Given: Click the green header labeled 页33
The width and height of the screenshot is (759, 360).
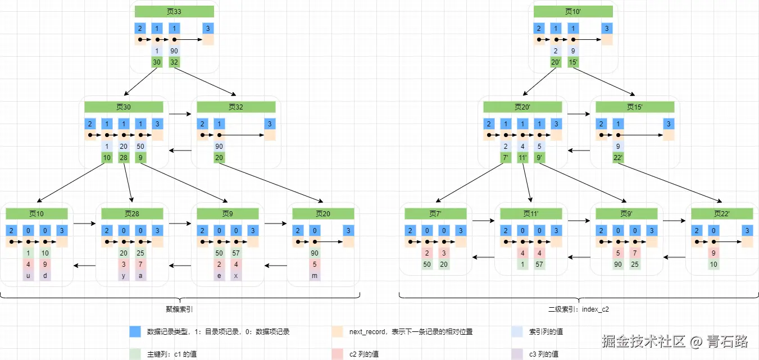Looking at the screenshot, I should pos(174,11).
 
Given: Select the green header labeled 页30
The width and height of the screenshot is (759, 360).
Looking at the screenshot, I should pos(124,107).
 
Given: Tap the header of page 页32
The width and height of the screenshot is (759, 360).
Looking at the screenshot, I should pos(236,107).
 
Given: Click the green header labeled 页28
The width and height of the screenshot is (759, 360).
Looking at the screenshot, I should pos(132,213).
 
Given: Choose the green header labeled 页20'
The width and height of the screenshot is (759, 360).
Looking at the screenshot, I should pos(522,107).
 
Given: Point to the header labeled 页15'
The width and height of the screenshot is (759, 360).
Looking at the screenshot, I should pos(635,107).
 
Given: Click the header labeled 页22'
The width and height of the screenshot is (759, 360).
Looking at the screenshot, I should pos(722,213).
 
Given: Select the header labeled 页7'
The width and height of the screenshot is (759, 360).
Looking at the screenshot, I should pos(435,213).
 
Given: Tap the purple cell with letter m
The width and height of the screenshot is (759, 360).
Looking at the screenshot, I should pos(315,276).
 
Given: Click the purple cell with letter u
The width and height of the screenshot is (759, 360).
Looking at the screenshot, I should pos(28,276).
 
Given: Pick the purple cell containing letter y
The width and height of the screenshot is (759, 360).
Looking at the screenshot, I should pos(124,276).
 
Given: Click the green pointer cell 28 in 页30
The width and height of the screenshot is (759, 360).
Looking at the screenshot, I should pos(124,158).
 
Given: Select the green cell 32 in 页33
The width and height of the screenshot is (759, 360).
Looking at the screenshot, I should pos(174,62).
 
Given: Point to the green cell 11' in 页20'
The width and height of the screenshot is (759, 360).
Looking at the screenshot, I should pos(522,158).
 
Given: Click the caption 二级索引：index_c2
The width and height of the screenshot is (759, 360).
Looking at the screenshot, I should pos(579,308).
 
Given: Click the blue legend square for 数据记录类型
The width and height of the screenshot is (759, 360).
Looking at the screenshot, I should pos(135,332).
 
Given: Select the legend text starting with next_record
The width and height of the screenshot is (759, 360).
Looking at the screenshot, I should pos(411,332).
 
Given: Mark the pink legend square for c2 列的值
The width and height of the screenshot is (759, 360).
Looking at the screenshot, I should pos(337,354).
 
